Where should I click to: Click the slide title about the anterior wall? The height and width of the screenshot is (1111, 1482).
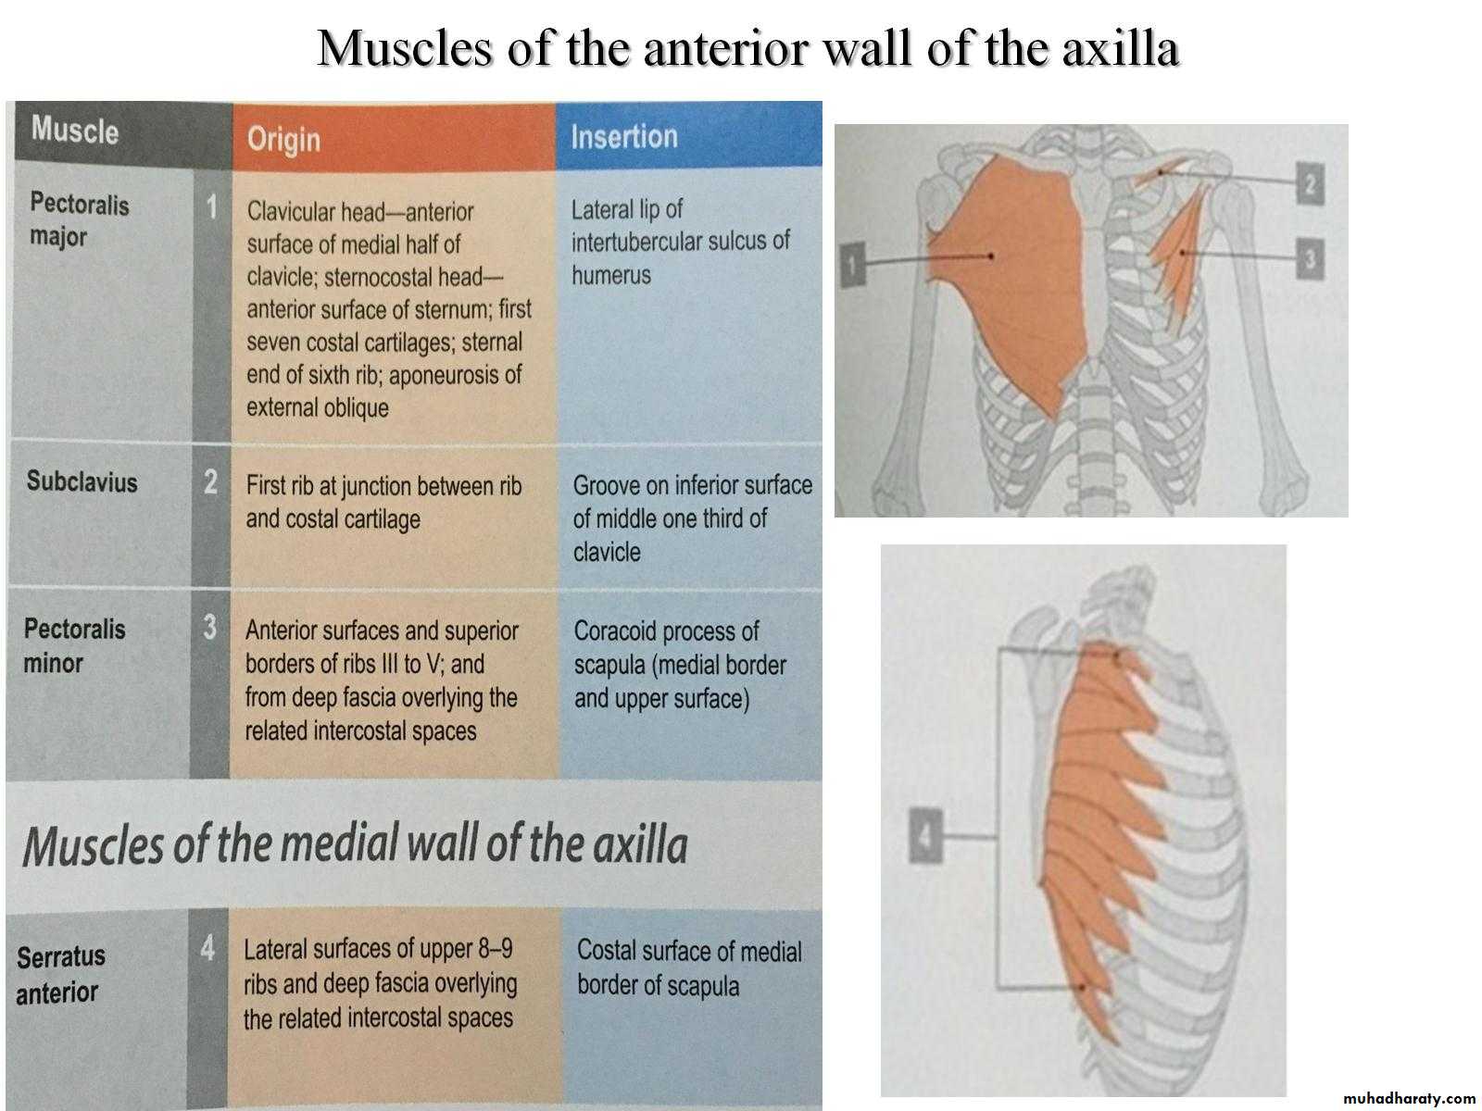coord(748,48)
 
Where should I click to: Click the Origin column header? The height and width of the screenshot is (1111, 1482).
coord(283,140)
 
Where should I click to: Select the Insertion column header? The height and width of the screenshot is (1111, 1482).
coord(624,136)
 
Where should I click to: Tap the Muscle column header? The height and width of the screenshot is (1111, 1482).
coord(75,130)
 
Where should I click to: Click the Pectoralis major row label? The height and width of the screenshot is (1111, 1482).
coord(79,219)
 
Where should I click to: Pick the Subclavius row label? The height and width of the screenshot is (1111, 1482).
coord(82,481)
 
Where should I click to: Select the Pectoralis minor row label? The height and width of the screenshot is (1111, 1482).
coord(74,645)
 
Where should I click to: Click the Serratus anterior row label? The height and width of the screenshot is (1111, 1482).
coord(61,975)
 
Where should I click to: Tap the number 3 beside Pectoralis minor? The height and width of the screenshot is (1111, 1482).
coord(210,628)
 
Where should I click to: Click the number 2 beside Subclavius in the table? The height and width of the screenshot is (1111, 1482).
coord(210,482)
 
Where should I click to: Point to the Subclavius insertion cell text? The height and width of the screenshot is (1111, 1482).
coord(693,518)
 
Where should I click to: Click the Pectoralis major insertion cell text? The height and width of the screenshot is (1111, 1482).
coord(681,243)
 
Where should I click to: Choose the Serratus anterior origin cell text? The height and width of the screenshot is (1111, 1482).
coord(380,983)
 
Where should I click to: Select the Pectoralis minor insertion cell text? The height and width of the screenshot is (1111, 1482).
coord(680,665)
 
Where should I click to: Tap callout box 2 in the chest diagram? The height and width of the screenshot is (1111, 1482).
coord(1310,183)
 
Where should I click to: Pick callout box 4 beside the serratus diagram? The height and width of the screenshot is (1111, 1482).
coord(925,836)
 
